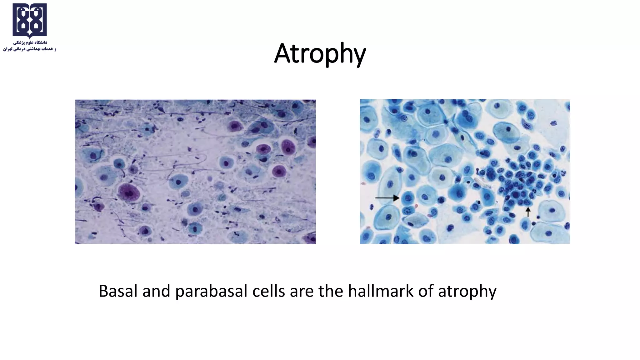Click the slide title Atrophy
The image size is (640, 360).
pos(320,54)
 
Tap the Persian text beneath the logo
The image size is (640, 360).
pos(30,46)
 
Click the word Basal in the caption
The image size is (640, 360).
pos(118,291)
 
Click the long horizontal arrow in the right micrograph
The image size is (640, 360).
pos(387,198)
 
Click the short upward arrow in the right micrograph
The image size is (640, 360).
pos(528,212)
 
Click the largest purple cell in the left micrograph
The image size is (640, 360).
pos(128,193)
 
